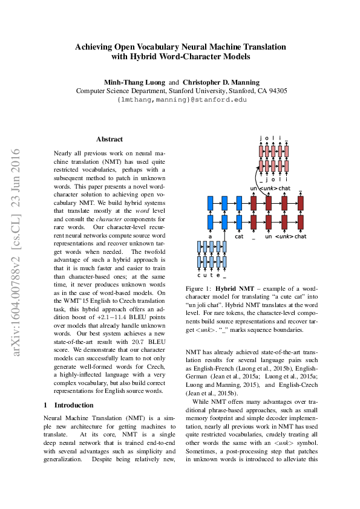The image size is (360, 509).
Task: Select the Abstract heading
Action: click(x=110, y=139)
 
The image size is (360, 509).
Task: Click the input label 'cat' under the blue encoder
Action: click(x=239, y=236)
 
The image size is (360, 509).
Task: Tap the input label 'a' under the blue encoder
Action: click(x=210, y=236)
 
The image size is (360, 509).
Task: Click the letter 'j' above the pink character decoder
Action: click(x=261, y=138)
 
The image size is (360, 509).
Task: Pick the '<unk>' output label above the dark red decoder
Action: click(x=269, y=189)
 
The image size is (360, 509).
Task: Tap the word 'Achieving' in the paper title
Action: click(x=94, y=47)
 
